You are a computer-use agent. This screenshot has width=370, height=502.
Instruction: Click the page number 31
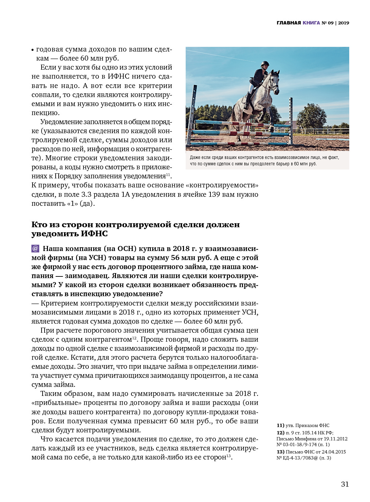345,484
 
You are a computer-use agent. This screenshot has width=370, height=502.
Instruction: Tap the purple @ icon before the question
35,249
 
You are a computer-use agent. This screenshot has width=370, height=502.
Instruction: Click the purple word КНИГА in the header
311,23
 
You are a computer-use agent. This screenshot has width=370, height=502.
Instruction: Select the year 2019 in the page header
344,23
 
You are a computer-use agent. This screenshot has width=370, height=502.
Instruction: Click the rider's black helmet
265,64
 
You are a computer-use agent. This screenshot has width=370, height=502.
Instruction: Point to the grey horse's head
274,80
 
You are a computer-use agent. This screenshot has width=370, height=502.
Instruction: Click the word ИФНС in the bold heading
94,233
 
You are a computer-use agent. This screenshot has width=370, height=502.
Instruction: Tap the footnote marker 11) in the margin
280,425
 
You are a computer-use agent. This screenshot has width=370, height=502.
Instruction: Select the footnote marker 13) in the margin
280,451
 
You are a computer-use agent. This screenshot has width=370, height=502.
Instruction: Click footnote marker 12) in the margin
280,433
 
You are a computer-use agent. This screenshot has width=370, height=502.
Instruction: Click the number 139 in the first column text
214,194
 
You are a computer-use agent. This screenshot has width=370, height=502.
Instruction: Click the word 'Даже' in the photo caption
195,157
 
